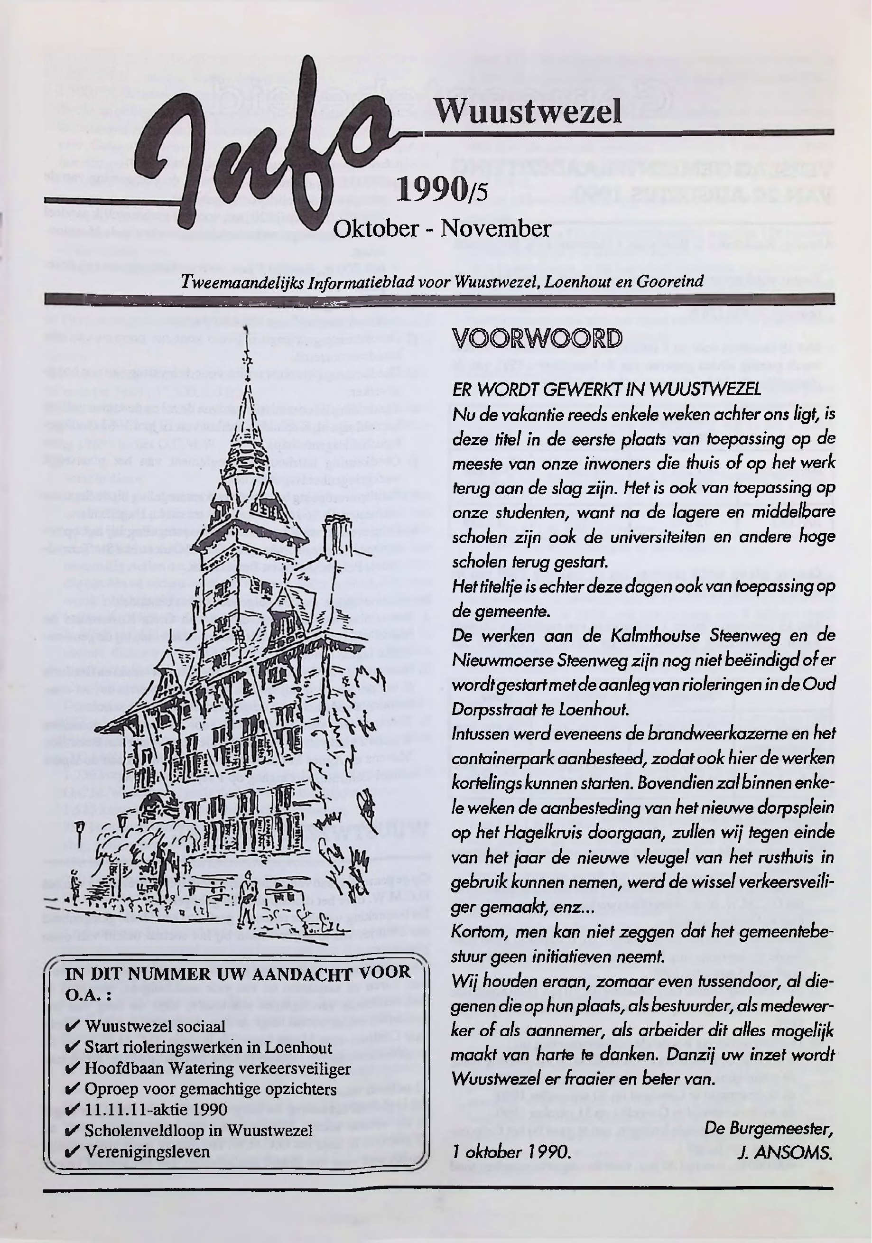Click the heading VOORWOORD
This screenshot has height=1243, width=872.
point(537,338)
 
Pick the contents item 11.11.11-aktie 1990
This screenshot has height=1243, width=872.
point(156,1110)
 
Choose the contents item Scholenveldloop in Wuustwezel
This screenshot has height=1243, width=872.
point(198,1131)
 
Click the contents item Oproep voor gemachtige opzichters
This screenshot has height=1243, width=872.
point(211,1089)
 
